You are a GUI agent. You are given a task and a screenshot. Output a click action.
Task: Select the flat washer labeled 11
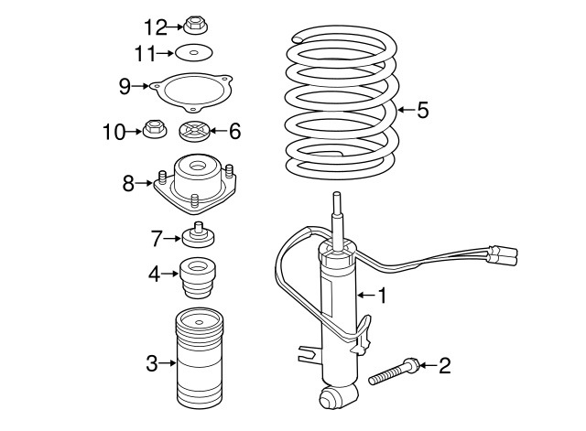[x=193, y=53]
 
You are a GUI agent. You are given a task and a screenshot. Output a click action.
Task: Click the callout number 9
[x=125, y=86]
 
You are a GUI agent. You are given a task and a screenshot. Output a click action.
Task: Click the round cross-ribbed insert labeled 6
[x=196, y=132]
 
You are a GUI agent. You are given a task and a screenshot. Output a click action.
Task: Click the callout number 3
[x=152, y=364]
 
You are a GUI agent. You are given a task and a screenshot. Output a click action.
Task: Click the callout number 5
[x=422, y=112]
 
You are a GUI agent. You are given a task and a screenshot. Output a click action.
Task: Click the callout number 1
[x=383, y=295]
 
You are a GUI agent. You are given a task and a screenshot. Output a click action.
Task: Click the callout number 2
[x=445, y=367]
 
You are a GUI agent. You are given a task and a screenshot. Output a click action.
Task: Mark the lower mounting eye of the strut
[x=332, y=396]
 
